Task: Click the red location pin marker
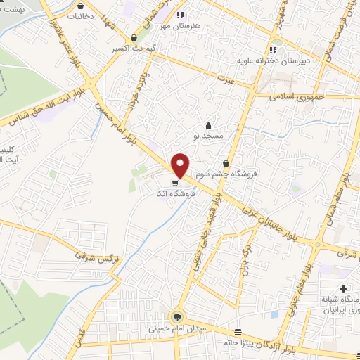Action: click(180, 165)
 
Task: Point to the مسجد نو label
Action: click(207, 134)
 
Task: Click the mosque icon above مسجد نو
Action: click(207, 125)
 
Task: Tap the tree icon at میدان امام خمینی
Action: click(176, 317)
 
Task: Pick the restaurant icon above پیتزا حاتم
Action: click(238, 332)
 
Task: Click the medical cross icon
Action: click(342, 288)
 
